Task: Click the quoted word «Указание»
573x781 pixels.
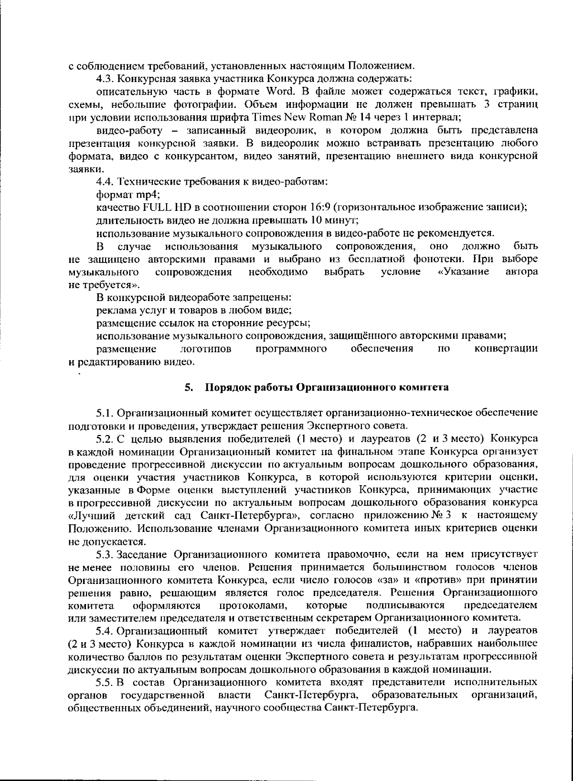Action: point(463,272)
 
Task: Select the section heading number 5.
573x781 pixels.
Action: point(189,387)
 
